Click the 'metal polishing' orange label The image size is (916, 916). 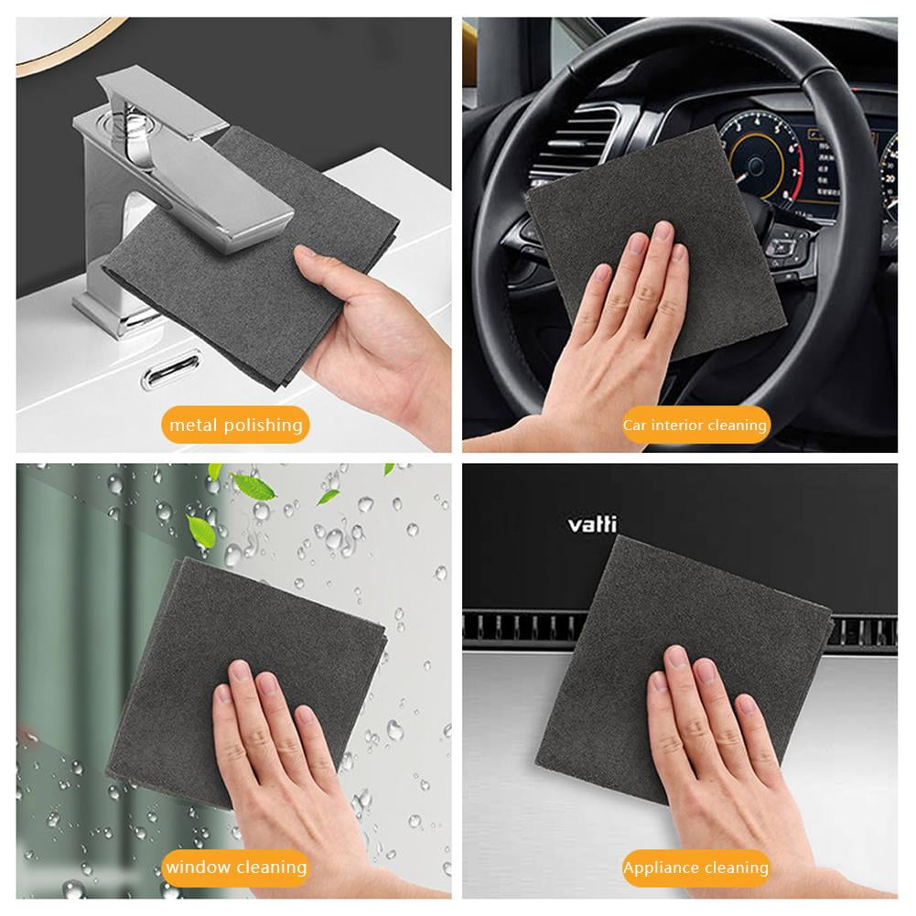[x=235, y=425]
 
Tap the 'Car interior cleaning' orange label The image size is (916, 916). [x=695, y=426]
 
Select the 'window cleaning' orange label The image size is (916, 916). [x=235, y=867]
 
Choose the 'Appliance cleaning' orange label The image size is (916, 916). [x=695, y=868]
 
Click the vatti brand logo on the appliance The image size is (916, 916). [x=592, y=524]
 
